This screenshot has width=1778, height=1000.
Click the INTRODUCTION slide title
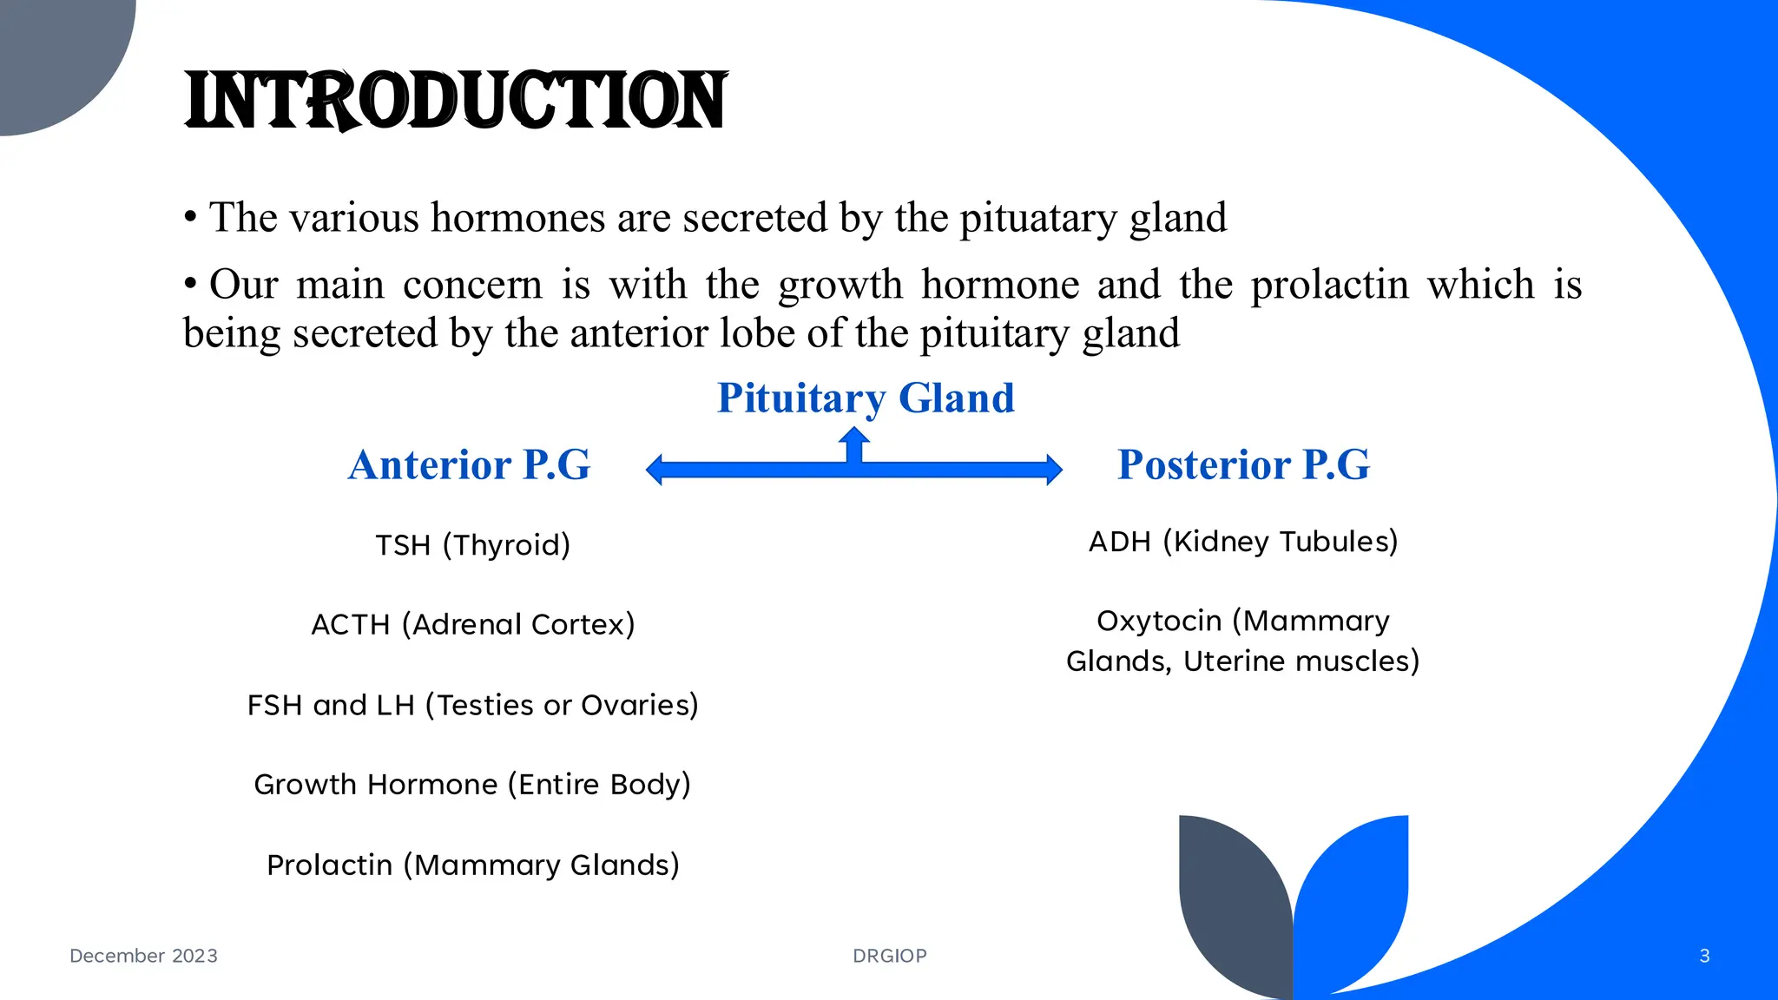(456, 101)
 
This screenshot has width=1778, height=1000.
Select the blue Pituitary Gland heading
(866, 398)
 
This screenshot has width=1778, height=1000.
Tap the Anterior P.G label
(469, 464)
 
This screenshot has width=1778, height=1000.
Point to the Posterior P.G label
(1243, 464)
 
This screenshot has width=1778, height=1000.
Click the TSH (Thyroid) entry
(473, 545)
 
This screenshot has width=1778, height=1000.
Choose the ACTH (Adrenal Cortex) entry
(473, 624)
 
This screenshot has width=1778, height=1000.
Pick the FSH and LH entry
(473, 705)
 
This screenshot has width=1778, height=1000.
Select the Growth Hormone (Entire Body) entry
(473, 784)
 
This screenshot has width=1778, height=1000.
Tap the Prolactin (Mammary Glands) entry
(473, 865)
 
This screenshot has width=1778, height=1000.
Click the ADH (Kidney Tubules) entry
(1243, 542)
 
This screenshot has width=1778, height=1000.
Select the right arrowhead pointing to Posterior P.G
(1053, 470)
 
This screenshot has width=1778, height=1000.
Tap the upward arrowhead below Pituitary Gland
(854, 435)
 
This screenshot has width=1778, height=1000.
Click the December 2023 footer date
(143, 956)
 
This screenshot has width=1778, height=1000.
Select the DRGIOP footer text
(890, 956)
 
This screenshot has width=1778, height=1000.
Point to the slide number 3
(1704, 956)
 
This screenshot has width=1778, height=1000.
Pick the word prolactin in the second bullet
(1329, 285)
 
